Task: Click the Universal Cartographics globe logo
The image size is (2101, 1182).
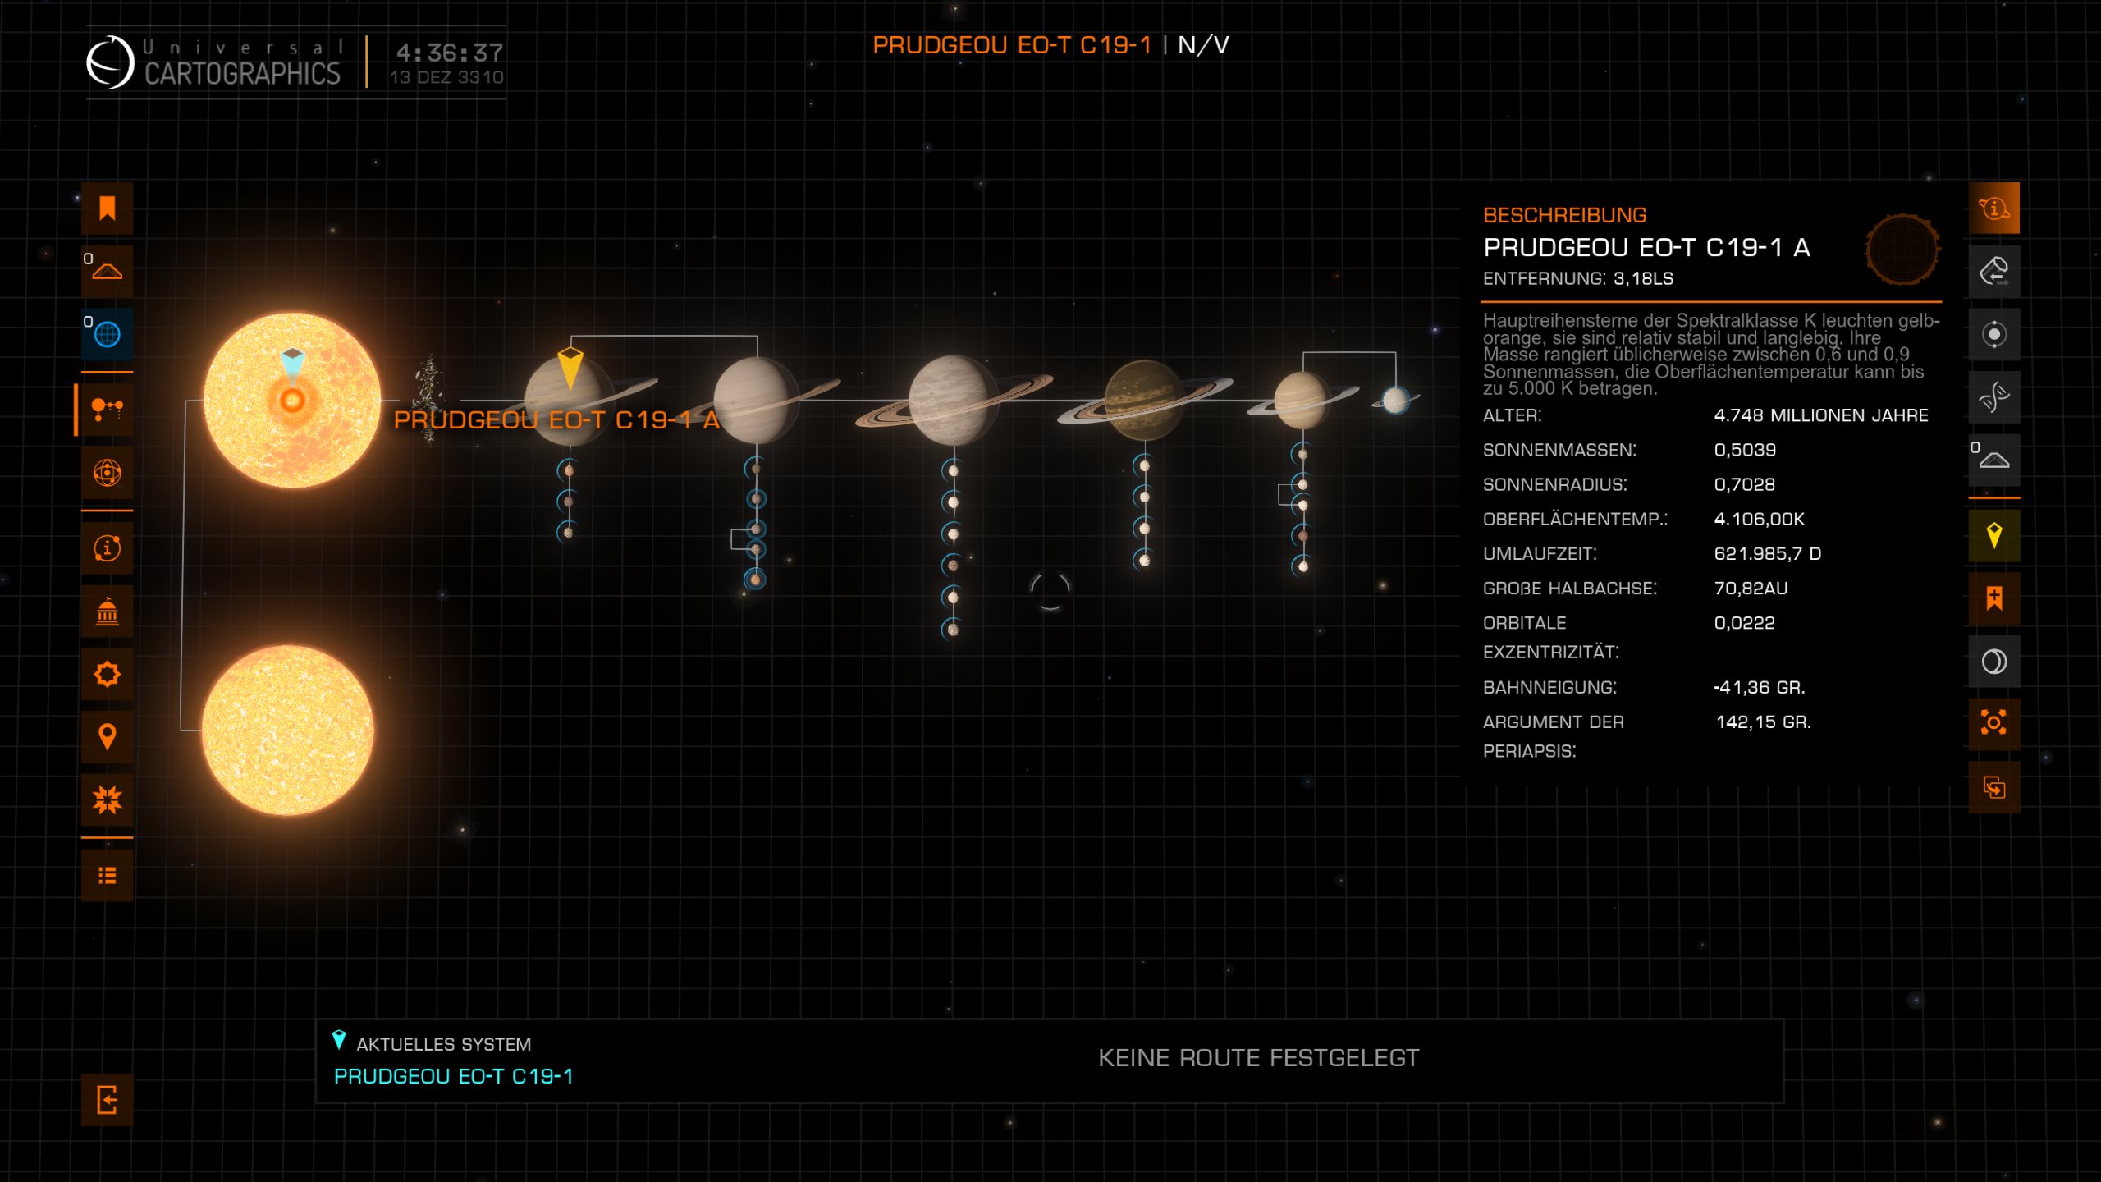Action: (110, 62)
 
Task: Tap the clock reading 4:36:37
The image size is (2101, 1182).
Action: (449, 53)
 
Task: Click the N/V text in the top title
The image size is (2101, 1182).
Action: (1203, 45)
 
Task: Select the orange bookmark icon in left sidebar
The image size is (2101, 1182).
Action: (107, 208)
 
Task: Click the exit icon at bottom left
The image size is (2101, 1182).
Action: (107, 1099)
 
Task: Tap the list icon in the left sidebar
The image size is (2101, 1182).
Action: (107, 876)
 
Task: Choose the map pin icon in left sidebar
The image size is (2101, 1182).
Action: (107, 736)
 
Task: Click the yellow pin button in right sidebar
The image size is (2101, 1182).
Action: (1993, 536)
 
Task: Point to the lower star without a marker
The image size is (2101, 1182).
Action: (287, 730)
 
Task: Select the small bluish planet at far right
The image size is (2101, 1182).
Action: (1395, 400)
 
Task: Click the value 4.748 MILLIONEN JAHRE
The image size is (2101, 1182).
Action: (1820, 415)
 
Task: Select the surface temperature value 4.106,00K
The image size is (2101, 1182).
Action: (1759, 519)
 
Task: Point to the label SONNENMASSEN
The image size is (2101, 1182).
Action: (1559, 450)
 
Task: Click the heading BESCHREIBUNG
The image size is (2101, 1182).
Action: (1564, 215)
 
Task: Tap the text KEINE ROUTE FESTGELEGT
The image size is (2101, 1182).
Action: (1258, 1058)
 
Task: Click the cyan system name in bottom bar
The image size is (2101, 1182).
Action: (453, 1076)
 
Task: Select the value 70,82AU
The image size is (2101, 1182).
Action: (1751, 588)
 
